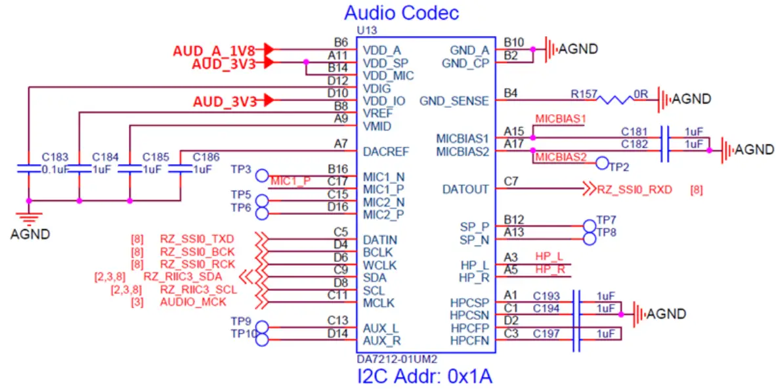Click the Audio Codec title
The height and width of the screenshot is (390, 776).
coord(401,12)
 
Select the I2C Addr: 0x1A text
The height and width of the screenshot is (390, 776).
coord(424,377)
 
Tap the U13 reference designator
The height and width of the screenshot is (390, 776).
coord(367,30)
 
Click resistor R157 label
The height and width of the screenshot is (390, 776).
coord(584,95)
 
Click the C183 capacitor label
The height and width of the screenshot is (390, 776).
coord(55,157)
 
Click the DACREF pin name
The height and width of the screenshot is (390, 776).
coord(386,152)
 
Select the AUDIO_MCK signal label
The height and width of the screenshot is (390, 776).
coord(193,302)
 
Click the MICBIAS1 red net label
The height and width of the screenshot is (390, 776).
coord(559,119)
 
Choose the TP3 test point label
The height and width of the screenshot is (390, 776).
coord(241,169)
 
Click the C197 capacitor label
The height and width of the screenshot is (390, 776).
coord(546,334)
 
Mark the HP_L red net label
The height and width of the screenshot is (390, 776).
coord(549,256)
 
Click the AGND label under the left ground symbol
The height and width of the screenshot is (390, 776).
coord(30,233)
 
